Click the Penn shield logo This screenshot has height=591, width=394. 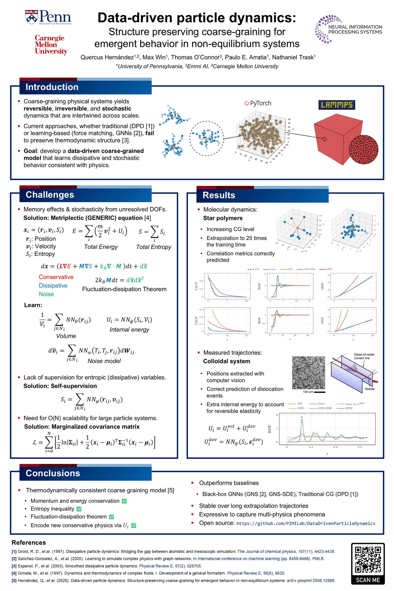coord(31,17)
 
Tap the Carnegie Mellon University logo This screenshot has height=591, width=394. coord(51,45)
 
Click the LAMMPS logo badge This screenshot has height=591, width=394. coord(337,105)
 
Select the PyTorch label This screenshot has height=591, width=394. coord(258,103)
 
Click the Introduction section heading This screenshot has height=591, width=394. coord(52,87)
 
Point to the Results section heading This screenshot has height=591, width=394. coord(219,195)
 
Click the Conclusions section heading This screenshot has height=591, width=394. coord(53,473)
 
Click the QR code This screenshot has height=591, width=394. coord(368,559)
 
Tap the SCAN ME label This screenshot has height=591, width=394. coord(368,580)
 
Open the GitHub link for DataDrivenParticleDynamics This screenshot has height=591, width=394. coord(306,523)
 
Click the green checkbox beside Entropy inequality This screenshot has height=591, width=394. coord(79,509)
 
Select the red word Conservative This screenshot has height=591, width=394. coord(56,277)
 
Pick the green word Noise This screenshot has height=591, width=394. coord(46,294)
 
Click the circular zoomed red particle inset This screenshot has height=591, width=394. coord(363,150)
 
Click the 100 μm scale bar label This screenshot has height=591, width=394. coord(308,392)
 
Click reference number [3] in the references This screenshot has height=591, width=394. coord(14,566)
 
